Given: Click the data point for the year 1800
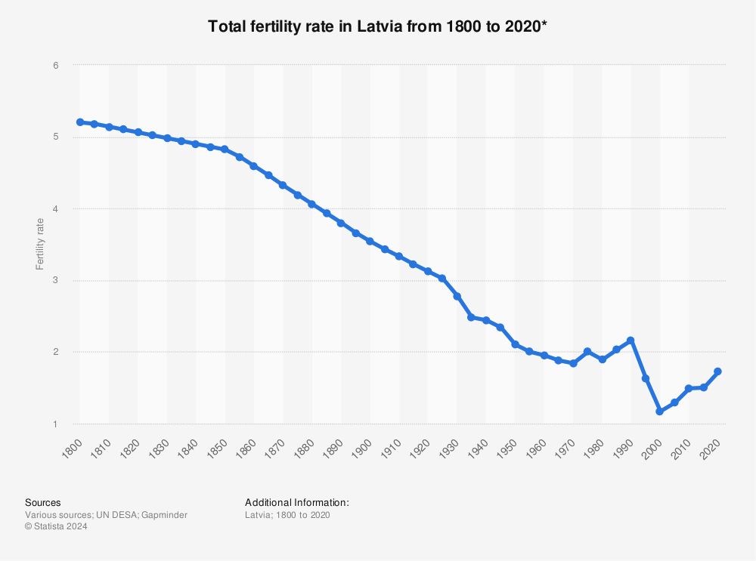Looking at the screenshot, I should coord(79,122).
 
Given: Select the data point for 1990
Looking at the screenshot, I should coord(631,341).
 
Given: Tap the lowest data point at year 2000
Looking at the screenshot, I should coord(659,412).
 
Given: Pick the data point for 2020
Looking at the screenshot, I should coord(717,371).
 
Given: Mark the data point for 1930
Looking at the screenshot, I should coord(457,296).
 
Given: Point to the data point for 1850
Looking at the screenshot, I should coord(225,149).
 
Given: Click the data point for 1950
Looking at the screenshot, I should coord(515,344).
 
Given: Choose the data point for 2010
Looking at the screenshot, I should coord(689,388).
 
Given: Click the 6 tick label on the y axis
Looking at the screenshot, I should coord(56,66).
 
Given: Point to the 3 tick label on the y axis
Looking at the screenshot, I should coord(56,281).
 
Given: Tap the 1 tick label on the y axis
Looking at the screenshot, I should coord(56,424).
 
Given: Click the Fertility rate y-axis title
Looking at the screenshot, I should coord(40,245).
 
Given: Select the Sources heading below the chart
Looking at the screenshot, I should coord(43,502).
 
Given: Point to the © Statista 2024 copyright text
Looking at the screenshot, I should coord(56,527).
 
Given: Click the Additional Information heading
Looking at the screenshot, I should coord(297,502).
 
